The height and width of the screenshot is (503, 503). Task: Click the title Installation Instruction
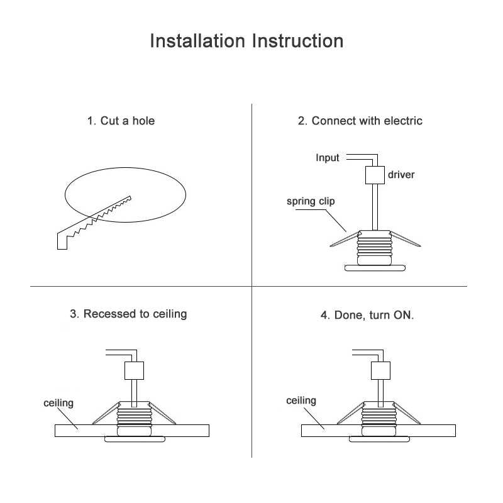(247, 41)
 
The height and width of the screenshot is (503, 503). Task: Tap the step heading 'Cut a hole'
(121, 121)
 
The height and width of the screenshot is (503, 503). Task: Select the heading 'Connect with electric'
(360, 121)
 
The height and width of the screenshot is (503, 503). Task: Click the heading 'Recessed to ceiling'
(128, 313)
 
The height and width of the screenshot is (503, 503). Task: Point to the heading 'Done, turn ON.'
(367, 315)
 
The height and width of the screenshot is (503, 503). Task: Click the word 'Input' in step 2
(328, 158)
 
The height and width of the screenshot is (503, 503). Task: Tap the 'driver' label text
(401, 174)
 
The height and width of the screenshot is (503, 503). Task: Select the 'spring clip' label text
(311, 202)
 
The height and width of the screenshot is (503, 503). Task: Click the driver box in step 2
(374, 175)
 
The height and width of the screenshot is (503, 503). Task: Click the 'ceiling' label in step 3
(58, 402)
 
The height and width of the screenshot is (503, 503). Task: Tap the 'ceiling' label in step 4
(301, 401)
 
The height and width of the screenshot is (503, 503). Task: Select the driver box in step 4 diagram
(379, 370)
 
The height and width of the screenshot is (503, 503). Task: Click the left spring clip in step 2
(343, 241)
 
